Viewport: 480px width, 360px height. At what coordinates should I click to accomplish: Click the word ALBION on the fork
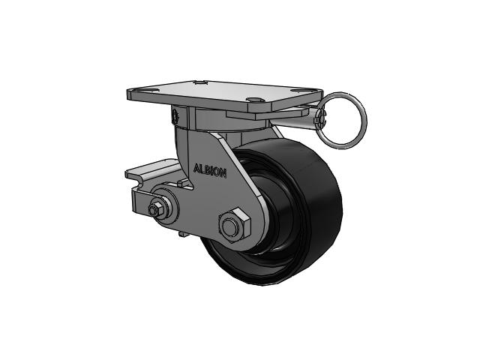210,171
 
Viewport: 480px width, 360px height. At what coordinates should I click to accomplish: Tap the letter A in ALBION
196,168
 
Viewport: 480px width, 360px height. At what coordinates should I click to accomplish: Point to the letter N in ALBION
223,174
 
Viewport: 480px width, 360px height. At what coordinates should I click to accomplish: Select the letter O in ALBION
217,172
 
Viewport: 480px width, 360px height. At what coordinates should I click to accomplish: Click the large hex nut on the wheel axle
235,225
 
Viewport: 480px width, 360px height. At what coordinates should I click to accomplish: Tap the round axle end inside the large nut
230,226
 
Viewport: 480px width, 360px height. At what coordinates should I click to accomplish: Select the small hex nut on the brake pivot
154,209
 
